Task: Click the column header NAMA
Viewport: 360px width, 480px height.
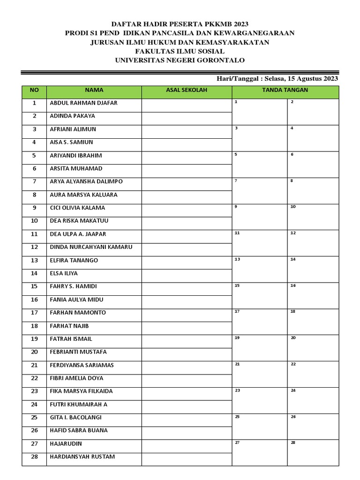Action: point(94,90)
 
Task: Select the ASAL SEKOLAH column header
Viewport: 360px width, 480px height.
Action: point(187,90)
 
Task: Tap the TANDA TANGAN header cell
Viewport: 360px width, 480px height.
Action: point(285,90)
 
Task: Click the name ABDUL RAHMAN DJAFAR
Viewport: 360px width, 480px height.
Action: point(83,103)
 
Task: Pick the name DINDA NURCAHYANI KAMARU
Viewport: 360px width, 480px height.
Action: point(91,247)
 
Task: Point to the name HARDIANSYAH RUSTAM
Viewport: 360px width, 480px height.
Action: point(82,457)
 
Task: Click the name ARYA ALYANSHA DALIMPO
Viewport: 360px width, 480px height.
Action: point(86,181)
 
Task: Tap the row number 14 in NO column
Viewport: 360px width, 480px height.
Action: point(34,273)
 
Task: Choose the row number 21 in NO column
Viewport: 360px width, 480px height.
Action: point(34,365)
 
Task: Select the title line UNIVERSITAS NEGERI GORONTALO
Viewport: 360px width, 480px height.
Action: point(180,60)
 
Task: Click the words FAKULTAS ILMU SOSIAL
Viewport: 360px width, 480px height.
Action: point(180,51)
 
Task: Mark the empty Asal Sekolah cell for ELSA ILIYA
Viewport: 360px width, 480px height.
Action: point(187,273)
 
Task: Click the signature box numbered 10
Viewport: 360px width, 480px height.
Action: point(313,217)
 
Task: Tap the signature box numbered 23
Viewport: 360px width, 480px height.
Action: point(260,401)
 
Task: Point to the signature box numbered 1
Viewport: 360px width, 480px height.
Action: point(260,112)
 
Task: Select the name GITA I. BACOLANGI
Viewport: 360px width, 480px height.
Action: point(75,417)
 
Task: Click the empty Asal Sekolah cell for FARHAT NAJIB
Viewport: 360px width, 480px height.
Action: point(187,326)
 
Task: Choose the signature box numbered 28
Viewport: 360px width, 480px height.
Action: point(313,453)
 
